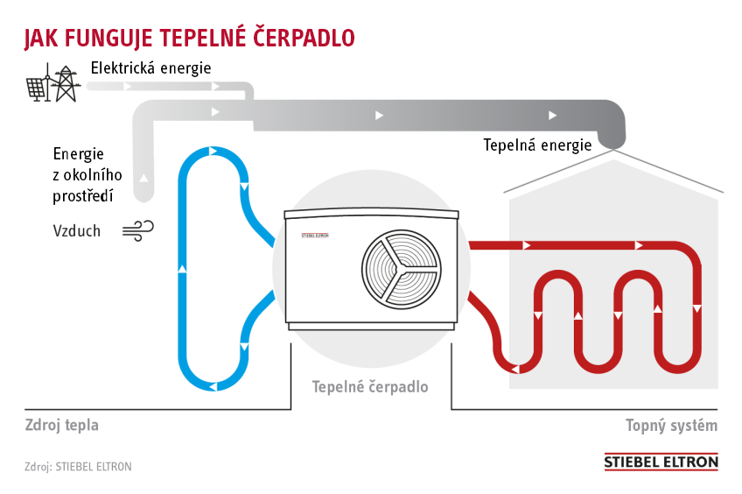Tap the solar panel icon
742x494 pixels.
coord(36,88)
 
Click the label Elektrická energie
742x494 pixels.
coord(151,67)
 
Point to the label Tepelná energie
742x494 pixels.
coord(537,145)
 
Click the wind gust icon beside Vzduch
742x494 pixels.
coord(138,230)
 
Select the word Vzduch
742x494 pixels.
coord(77,231)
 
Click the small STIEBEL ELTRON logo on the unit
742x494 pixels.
coord(314,236)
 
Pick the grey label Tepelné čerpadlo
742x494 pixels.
coord(370,385)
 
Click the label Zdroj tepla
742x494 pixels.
coord(61,426)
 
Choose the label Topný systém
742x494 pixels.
coord(671,426)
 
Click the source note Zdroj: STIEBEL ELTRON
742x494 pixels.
coord(78,467)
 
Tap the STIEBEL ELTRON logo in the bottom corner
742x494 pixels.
coord(661,462)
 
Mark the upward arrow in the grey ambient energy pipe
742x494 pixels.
coord(143,177)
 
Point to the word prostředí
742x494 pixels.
coord(83,195)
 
